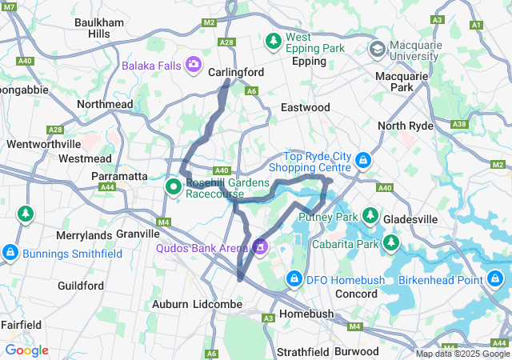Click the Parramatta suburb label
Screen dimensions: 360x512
tap(118, 175)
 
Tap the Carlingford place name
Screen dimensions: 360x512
tap(236, 72)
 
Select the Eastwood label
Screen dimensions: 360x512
tap(305, 107)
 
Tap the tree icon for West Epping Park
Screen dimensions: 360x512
tap(274, 39)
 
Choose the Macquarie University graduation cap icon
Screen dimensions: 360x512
tap(376, 50)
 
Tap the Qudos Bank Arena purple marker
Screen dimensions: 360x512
tap(260, 247)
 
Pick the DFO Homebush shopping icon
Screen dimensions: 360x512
tap(294, 279)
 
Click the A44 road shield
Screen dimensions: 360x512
tap(106, 187)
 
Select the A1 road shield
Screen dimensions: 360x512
tap(477, 25)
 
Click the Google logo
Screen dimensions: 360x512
tap(26, 350)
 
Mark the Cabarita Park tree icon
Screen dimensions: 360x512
tap(392, 242)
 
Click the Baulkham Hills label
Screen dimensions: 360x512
tap(98, 28)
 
